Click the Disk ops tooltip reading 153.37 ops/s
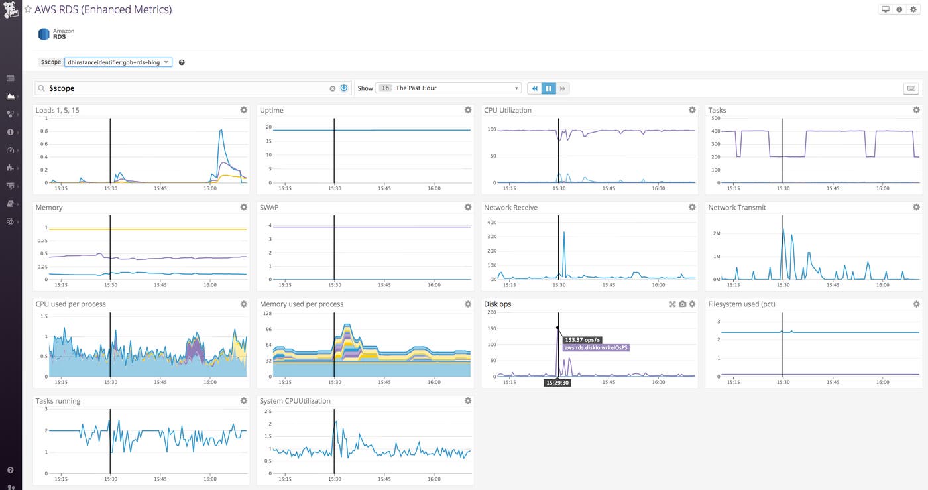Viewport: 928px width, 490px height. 583,340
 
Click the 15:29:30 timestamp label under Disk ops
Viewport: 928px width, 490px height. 557,383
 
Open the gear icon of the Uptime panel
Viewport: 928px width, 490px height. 468,110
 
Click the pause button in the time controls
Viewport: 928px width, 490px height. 549,88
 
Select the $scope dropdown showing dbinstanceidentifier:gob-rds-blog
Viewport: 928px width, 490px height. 118,62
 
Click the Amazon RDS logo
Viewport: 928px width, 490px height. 44,34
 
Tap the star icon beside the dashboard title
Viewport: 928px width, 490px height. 28,10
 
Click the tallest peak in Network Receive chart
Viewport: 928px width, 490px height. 564,232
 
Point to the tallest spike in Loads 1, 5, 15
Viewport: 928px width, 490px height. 221,131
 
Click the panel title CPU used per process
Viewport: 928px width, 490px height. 70,304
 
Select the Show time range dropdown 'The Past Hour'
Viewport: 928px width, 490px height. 449,88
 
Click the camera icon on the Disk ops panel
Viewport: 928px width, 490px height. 683,304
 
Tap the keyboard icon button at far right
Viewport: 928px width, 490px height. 911,88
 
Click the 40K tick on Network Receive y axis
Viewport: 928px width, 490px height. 492,222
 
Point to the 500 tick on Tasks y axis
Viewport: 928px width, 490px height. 715,117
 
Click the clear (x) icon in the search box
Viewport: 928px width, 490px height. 333,88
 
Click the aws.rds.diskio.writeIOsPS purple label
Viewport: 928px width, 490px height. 596,347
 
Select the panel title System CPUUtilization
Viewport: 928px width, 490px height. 295,401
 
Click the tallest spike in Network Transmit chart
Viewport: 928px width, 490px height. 783,229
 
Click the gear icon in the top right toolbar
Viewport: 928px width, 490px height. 913,9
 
